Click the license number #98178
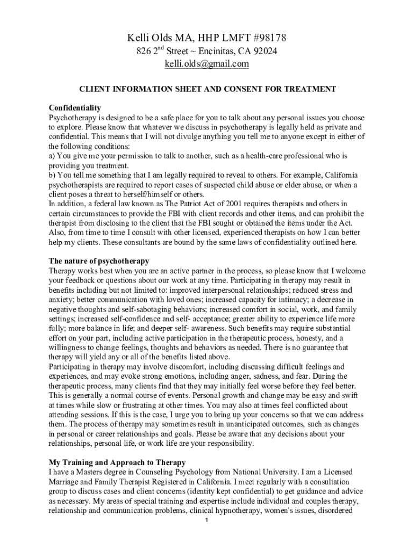pos(266,38)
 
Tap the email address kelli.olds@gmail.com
pos(206,64)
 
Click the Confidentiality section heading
pos(74,108)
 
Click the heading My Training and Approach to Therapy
pos(117,462)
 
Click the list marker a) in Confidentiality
pos(52,156)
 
